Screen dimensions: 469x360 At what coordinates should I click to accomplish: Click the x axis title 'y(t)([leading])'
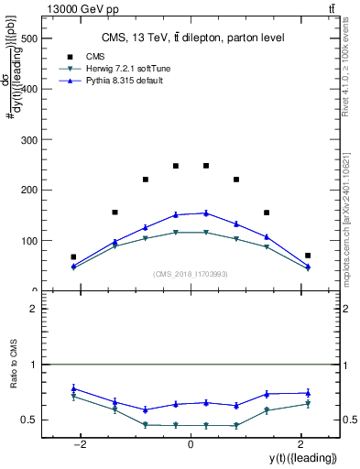point(301,457)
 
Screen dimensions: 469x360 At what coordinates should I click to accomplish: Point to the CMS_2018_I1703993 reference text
point(191,274)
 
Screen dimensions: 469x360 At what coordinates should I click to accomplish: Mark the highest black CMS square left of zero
point(176,166)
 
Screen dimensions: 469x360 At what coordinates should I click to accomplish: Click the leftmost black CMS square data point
point(73,257)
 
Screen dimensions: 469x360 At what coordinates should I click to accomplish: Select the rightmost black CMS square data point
point(308,256)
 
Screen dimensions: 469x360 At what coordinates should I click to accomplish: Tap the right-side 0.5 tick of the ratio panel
point(347,420)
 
